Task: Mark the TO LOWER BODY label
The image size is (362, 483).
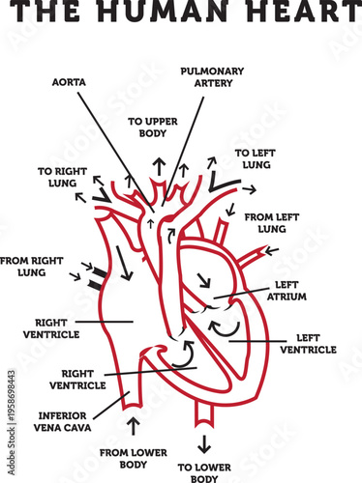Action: (204, 471)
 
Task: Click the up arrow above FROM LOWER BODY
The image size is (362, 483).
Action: (133, 425)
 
